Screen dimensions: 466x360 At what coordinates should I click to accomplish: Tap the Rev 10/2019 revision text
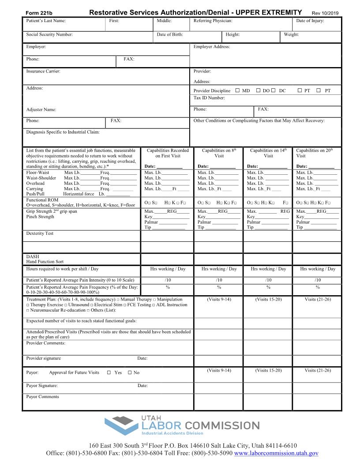click(325, 13)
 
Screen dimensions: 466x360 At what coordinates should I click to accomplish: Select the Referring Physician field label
click(213, 21)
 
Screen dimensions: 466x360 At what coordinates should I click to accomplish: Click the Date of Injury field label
click(310, 21)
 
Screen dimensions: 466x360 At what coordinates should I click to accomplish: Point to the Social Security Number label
click(49, 34)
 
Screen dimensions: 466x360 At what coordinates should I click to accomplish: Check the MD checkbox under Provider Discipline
click(237, 90)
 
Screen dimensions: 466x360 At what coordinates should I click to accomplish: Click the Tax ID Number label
click(209, 98)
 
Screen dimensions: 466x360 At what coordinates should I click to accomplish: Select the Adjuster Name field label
click(41, 109)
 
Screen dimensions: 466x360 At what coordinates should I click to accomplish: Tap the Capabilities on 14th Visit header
click(268, 153)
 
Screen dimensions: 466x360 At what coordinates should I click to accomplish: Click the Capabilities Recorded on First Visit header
click(168, 153)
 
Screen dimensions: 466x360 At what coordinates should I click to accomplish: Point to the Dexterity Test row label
click(40, 233)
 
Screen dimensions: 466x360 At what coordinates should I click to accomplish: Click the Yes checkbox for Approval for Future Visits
click(109, 372)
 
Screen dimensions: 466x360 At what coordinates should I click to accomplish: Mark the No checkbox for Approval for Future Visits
click(130, 372)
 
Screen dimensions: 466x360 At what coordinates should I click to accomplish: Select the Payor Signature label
click(42, 386)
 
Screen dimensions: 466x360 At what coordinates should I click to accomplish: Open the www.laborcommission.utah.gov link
click(276, 453)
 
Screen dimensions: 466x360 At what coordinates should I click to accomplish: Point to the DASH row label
click(33, 256)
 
